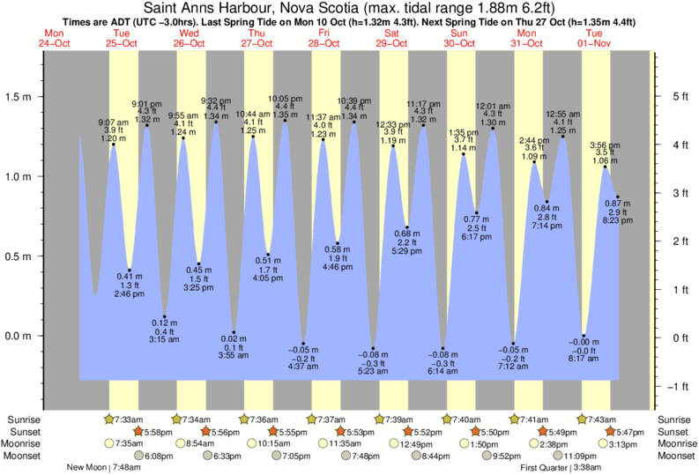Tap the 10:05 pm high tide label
[x=285, y=99]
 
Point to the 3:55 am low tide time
[x=234, y=355]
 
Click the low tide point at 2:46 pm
[x=130, y=270]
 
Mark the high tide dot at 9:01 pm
[x=146, y=126]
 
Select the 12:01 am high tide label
[x=493, y=107]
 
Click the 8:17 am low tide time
[x=584, y=360]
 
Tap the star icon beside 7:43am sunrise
[x=583, y=419]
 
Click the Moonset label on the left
[x=25, y=456]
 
